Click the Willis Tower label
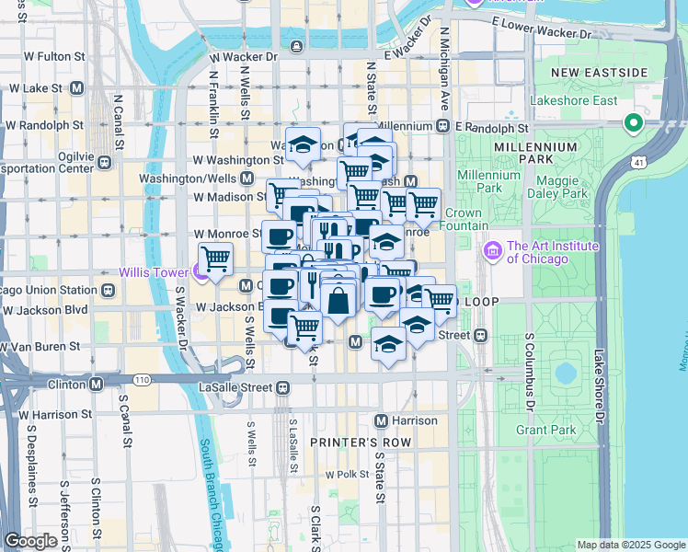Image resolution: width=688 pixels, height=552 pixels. [153, 273]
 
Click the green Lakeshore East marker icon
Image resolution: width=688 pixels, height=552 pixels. [633, 122]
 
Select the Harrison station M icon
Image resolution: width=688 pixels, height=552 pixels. [381, 420]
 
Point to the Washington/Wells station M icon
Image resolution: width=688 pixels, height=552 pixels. [247, 178]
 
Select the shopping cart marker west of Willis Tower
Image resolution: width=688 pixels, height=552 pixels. [214, 259]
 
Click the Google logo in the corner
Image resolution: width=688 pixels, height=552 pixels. [30, 541]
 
